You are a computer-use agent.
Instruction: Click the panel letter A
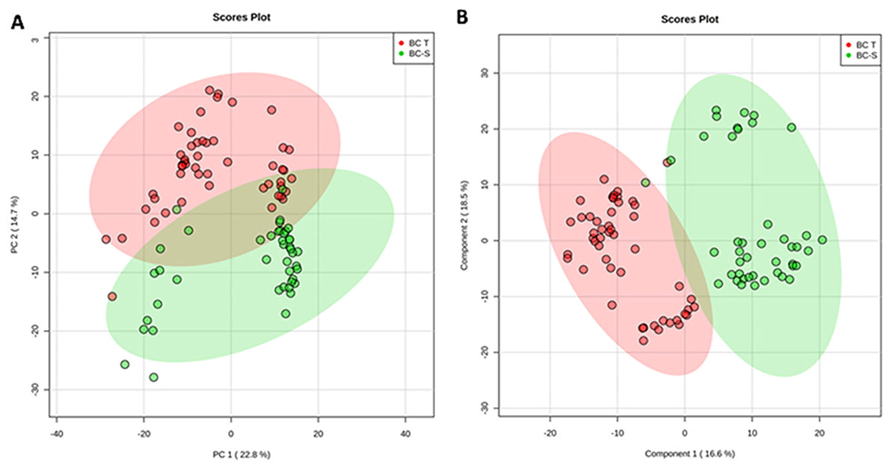pyautogui.click(x=17, y=22)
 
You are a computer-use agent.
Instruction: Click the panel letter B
pyautogui.click(x=462, y=18)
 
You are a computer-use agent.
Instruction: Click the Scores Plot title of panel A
pyautogui.click(x=241, y=17)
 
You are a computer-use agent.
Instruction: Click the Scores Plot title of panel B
pyautogui.click(x=689, y=19)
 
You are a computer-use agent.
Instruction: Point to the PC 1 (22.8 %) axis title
pyautogui.click(x=241, y=454)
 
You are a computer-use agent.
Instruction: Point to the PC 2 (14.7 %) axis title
pyautogui.click(x=15, y=225)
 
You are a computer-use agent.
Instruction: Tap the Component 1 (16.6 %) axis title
pyautogui.click(x=689, y=453)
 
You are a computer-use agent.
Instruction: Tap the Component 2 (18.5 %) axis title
pyautogui.click(x=464, y=225)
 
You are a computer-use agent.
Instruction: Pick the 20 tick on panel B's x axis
pyautogui.click(x=819, y=433)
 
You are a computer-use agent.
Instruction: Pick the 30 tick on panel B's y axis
pyautogui.click(x=485, y=73)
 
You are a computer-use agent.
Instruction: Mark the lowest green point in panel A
pyautogui.click(x=154, y=377)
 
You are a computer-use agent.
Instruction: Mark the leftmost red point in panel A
pyautogui.click(x=106, y=239)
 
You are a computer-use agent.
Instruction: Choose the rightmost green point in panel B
pyautogui.click(x=822, y=240)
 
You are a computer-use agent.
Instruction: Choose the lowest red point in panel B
pyautogui.click(x=643, y=340)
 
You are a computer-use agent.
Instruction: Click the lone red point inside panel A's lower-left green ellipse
pyautogui.click(x=112, y=296)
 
